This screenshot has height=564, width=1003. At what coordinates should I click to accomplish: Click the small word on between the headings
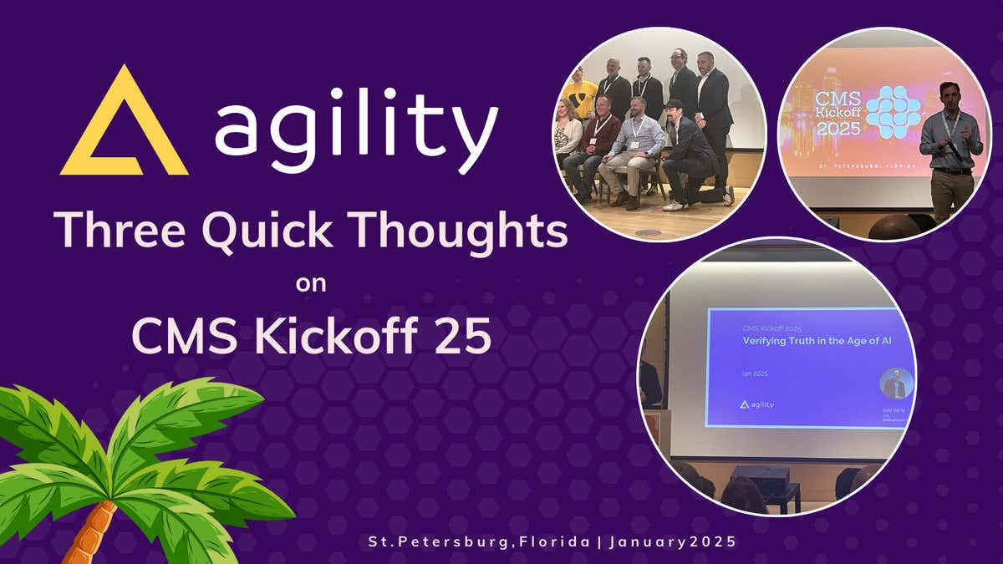pos(311,284)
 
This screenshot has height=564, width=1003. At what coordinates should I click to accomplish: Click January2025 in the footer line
pos(672,541)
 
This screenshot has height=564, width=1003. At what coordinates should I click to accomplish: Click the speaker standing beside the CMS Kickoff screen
pos(951,150)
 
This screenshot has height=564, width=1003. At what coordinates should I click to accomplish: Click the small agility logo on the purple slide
pos(756,404)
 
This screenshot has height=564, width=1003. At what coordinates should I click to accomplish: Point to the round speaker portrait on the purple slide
pos(896,384)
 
